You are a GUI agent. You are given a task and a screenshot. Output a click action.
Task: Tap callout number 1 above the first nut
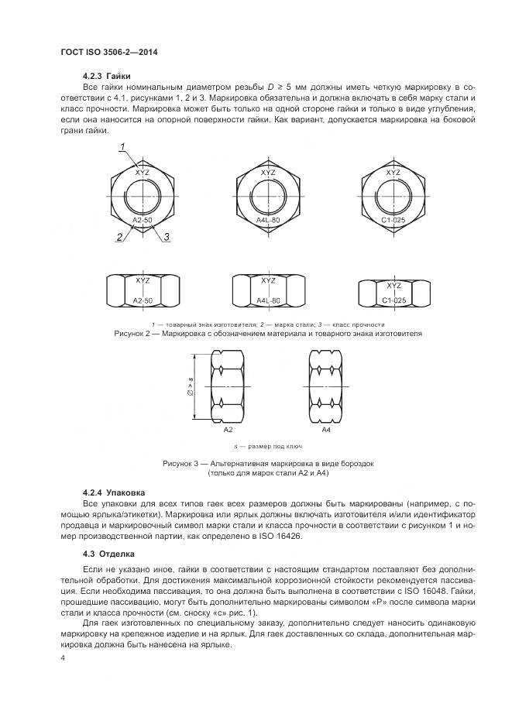(x=122, y=147)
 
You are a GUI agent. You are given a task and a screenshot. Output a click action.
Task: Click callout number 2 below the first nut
(x=119, y=237)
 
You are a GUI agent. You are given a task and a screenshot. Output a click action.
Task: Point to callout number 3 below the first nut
(x=167, y=237)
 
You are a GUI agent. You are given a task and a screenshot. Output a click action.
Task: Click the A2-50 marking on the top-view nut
(x=143, y=221)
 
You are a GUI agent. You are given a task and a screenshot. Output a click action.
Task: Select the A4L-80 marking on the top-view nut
(x=268, y=221)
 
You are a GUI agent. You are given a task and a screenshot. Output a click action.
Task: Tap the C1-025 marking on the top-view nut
(x=393, y=221)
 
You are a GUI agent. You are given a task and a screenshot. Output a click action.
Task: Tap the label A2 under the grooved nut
(x=228, y=429)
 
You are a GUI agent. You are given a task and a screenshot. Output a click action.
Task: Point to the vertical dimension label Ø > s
(x=190, y=385)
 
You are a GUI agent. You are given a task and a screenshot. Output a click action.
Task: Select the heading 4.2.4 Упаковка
(x=113, y=492)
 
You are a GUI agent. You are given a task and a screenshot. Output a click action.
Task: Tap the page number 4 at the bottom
(x=63, y=657)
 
